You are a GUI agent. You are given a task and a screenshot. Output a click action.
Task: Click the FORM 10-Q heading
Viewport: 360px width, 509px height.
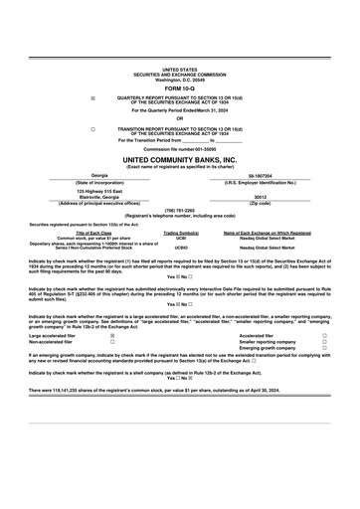(180, 88)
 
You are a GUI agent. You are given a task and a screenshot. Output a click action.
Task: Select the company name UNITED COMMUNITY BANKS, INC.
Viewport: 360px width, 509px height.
(180, 159)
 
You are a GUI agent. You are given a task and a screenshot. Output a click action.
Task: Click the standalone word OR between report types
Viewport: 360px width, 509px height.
(180, 119)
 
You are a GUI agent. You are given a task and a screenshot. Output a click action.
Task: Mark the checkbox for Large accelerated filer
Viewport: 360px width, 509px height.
(111, 336)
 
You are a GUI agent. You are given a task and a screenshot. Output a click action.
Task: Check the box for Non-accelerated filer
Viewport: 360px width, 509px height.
(111, 342)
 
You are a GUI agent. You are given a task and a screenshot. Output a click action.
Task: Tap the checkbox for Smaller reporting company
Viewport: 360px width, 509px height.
(324, 342)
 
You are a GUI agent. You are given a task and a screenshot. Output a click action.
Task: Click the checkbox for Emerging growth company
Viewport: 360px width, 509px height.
(324, 348)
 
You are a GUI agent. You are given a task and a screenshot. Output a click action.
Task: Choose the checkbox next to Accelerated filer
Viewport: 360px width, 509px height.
(324, 336)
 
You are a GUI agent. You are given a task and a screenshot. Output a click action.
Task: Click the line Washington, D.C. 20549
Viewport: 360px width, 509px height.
(180, 79)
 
